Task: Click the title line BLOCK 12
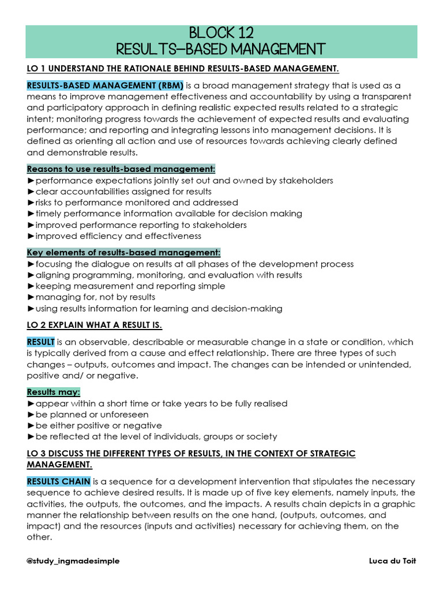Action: tap(221, 32)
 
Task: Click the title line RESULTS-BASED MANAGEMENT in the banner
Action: tap(221, 48)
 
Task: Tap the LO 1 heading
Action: tap(182, 69)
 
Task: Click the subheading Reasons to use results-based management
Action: tap(121, 169)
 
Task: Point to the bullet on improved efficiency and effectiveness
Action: tap(114, 235)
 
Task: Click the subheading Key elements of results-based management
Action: tap(123, 253)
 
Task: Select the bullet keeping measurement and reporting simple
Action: tap(126, 286)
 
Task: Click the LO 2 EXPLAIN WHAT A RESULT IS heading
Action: tap(95, 325)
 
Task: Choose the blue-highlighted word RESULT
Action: tap(41, 342)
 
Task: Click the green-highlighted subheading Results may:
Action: tap(54, 392)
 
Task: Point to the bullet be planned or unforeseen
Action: tap(88, 414)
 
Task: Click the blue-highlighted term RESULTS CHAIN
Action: tap(58, 482)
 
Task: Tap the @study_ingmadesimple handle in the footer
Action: tap(73, 561)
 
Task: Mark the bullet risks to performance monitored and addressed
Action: tap(132, 203)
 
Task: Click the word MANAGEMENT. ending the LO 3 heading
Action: tap(59, 465)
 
